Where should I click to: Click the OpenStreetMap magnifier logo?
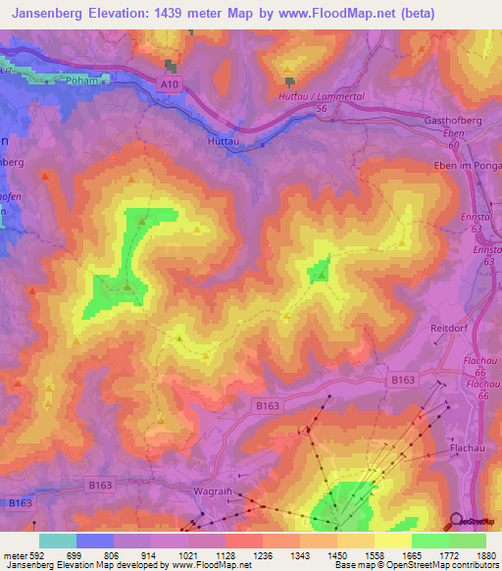[457, 520]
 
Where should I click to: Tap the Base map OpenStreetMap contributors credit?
[415, 565]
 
